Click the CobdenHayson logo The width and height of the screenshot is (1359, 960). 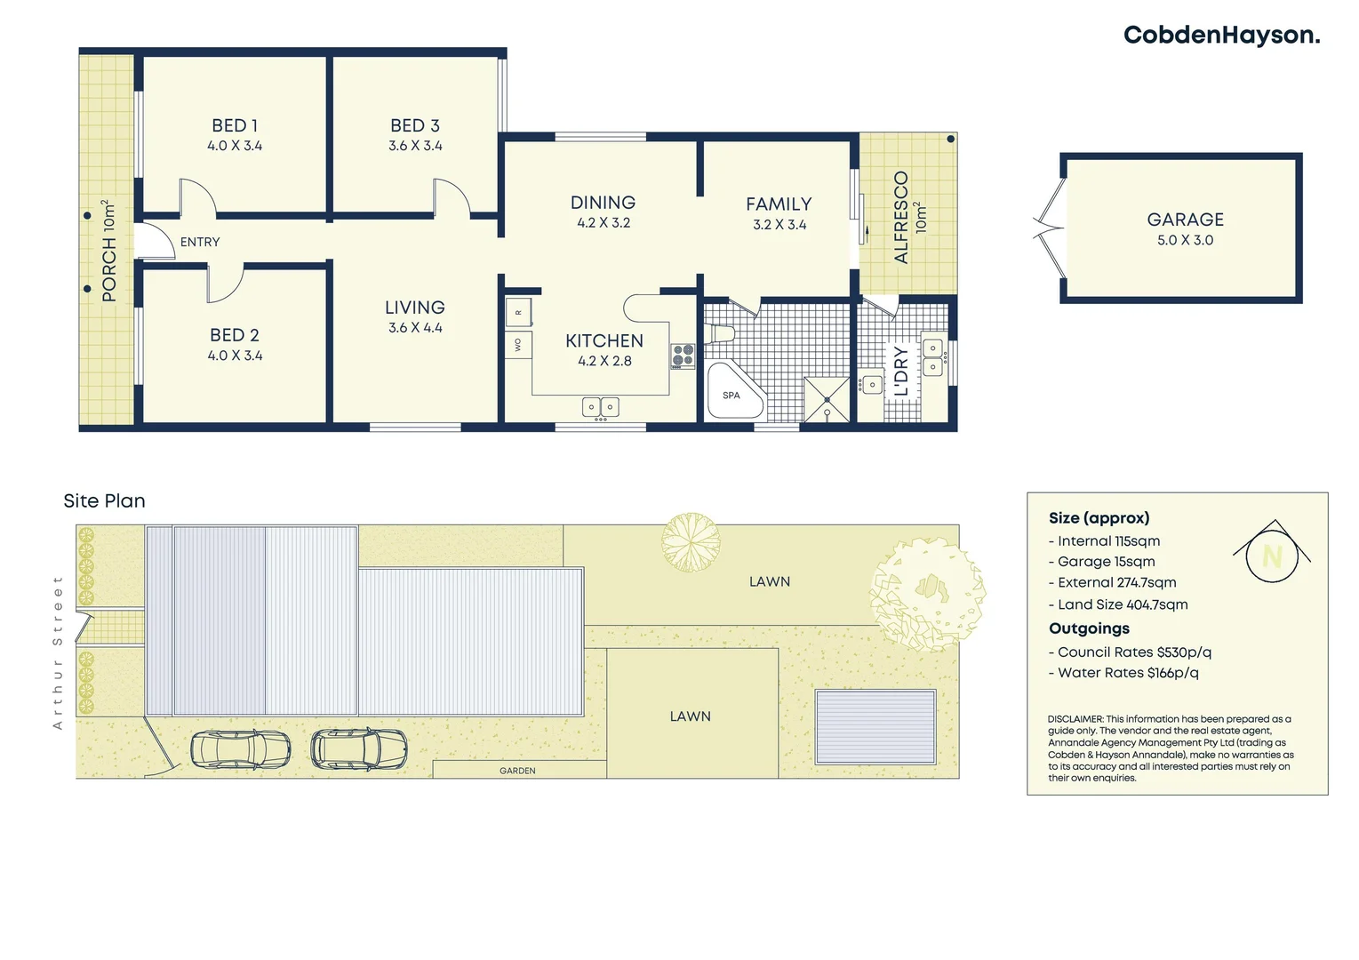click(1220, 36)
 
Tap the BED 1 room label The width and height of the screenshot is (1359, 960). click(235, 126)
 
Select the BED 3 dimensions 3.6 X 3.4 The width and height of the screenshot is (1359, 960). click(415, 146)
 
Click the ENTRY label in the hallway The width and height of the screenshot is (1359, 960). click(200, 242)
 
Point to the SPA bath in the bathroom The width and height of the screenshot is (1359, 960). click(733, 392)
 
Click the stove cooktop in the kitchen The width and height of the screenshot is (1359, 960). click(683, 356)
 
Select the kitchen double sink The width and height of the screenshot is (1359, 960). click(601, 407)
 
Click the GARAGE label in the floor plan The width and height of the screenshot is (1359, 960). click(1185, 220)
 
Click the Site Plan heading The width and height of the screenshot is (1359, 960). click(104, 501)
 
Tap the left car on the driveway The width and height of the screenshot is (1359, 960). click(241, 749)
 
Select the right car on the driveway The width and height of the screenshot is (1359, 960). click(359, 748)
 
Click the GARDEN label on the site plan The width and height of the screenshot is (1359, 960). click(517, 771)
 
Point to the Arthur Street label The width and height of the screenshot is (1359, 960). click(58, 652)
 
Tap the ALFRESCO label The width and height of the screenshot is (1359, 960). click(901, 218)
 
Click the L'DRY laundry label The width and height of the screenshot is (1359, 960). click(901, 371)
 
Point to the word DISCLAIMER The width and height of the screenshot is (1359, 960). click(1075, 719)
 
